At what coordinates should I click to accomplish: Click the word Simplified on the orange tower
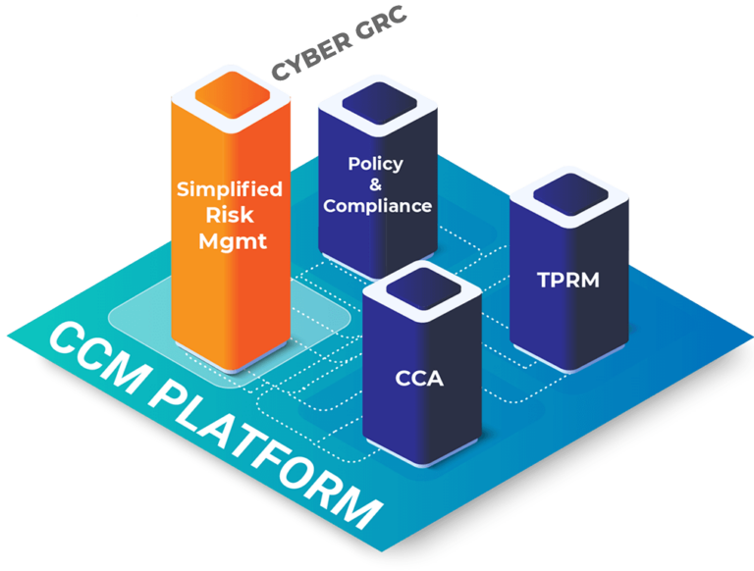(x=229, y=188)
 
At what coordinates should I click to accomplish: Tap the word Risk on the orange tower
(x=229, y=215)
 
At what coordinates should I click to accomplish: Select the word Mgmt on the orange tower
(x=230, y=241)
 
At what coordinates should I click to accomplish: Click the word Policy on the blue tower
(x=375, y=163)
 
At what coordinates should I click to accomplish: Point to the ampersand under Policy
(x=376, y=184)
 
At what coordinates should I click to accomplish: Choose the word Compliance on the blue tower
(x=377, y=206)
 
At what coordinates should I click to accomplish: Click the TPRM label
(x=567, y=281)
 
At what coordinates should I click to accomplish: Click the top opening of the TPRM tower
(x=567, y=202)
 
